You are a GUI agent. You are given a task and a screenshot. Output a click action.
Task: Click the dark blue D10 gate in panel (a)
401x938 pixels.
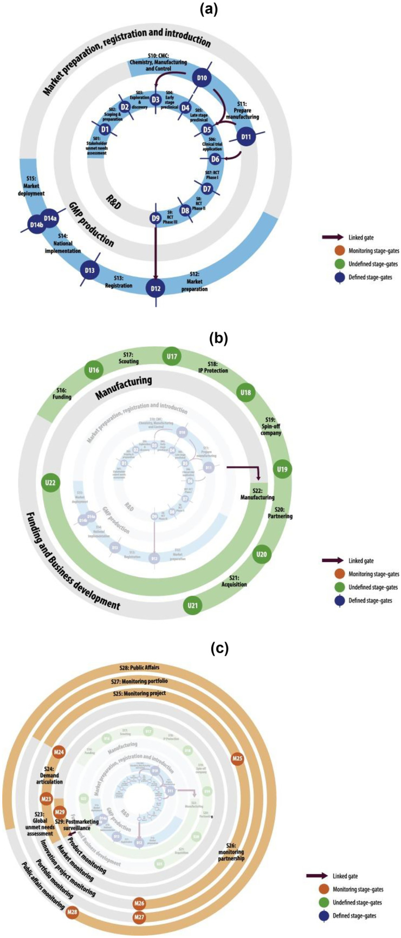click(x=202, y=79)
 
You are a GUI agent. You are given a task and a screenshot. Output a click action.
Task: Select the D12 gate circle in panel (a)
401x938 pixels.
click(x=156, y=288)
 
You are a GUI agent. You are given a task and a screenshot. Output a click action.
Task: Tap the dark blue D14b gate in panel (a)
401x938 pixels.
click(x=37, y=225)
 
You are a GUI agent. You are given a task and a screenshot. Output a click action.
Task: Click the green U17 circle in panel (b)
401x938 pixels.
click(x=172, y=357)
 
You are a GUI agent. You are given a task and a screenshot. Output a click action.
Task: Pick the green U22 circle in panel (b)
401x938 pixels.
click(x=51, y=483)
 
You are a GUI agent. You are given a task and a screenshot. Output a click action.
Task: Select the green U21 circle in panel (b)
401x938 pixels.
click(x=192, y=605)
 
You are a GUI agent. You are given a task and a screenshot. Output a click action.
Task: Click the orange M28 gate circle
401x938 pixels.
click(x=72, y=912)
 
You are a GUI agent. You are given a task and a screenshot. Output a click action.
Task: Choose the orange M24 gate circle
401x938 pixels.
click(x=59, y=752)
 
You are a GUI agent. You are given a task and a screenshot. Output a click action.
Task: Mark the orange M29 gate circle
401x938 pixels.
click(x=61, y=811)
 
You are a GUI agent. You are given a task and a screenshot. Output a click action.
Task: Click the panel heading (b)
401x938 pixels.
click(x=219, y=339)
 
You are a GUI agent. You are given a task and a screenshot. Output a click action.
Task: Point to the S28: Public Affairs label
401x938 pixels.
click(x=139, y=668)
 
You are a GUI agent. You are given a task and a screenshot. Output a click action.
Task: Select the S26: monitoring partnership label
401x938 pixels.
click(x=231, y=855)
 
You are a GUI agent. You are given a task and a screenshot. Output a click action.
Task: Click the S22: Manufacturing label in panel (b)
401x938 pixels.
click(x=257, y=493)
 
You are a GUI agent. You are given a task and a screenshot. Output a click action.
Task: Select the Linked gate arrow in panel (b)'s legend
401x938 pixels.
click(x=332, y=561)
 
